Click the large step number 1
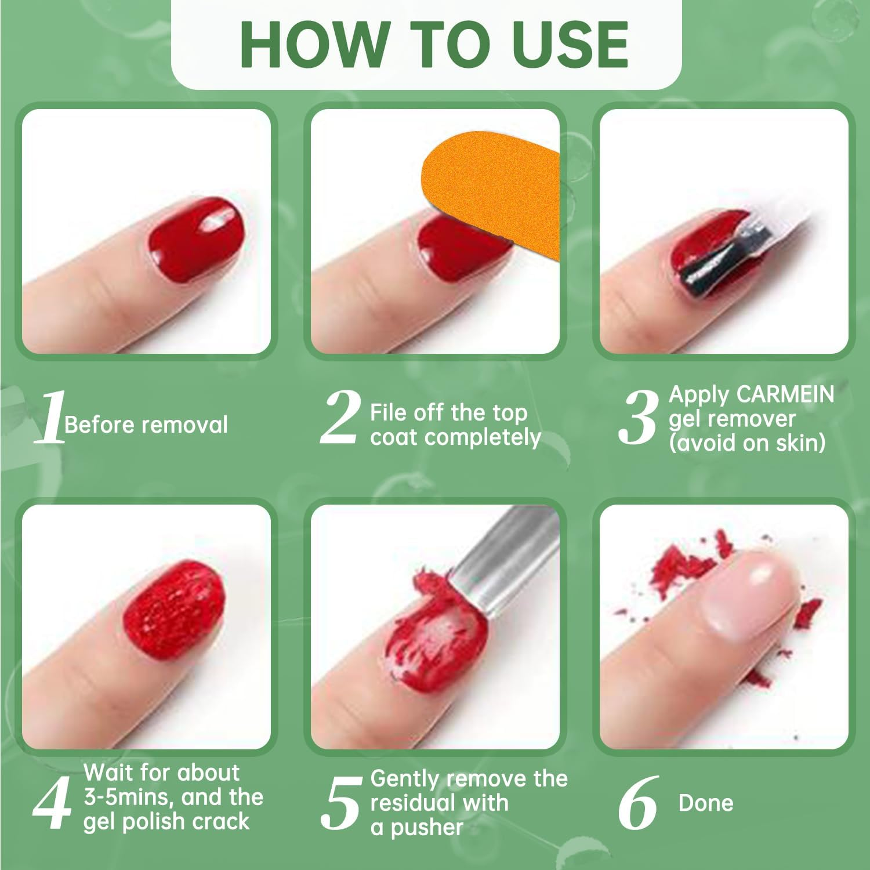(x=50, y=418)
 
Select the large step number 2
(x=340, y=418)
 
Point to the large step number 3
(x=638, y=418)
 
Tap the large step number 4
(x=52, y=803)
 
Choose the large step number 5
(x=340, y=803)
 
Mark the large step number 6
(x=637, y=803)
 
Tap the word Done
(x=705, y=803)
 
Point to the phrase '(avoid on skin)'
(x=747, y=443)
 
